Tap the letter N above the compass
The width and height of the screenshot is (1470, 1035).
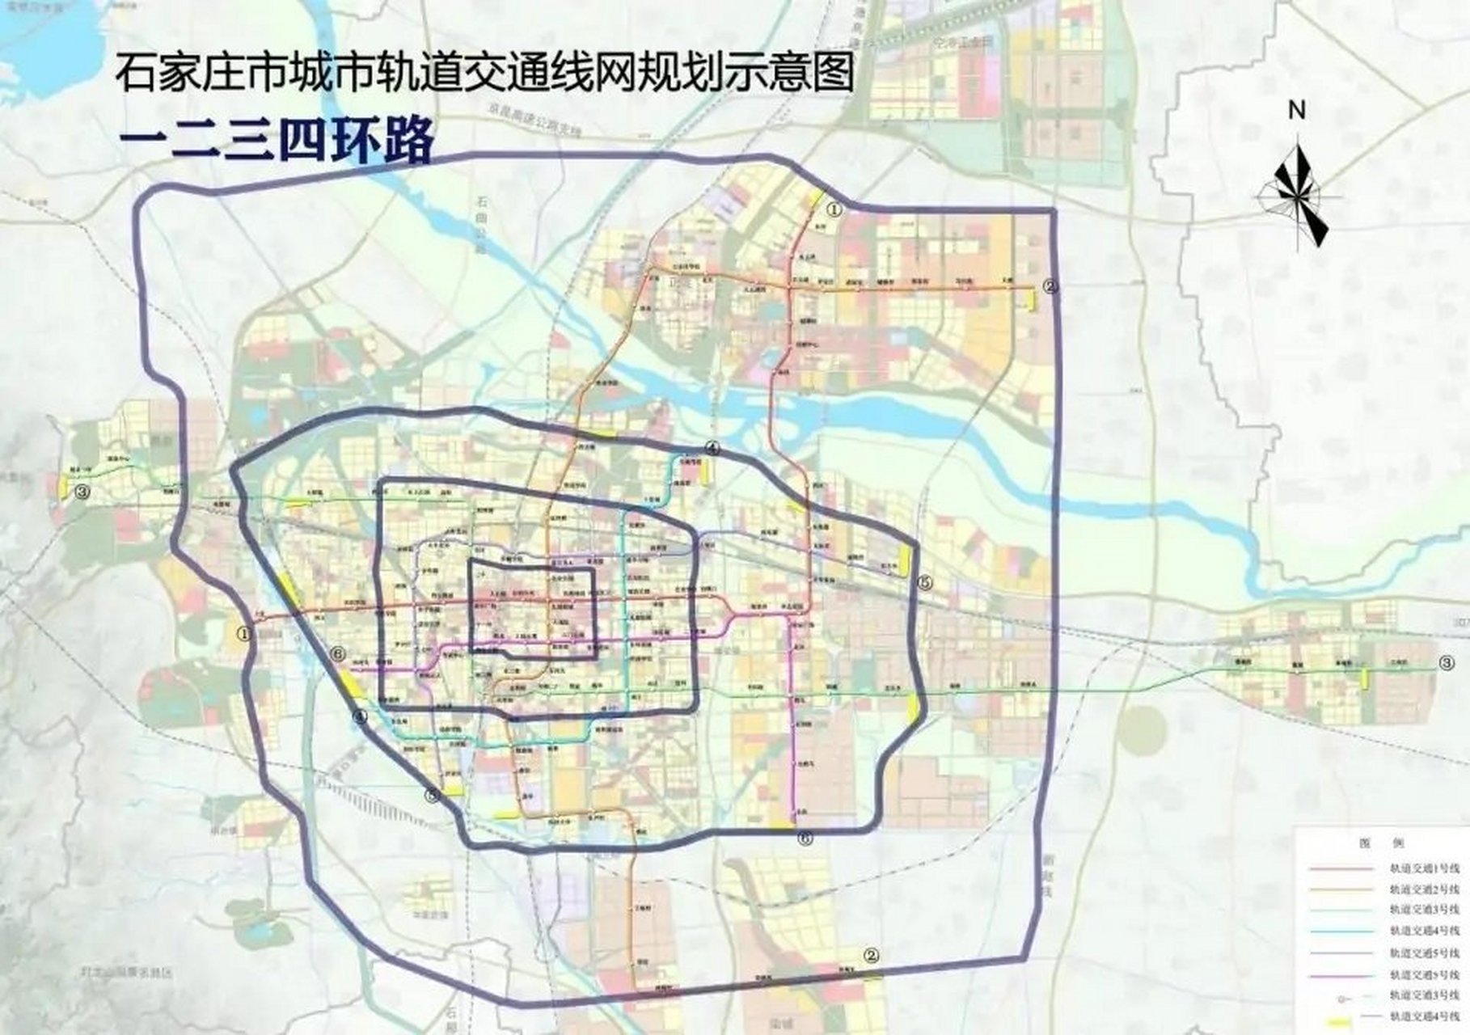click(1297, 111)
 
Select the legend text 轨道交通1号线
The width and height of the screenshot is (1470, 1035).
click(1423, 868)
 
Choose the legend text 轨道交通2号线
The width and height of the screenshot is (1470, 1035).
click(1423, 889)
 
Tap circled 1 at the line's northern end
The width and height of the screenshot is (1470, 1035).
click(834, 209)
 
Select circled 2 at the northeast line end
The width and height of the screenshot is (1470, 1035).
click(1050, 285)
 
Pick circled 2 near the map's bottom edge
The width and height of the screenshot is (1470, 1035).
click(870, 955)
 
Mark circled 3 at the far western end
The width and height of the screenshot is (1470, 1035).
click(82, 491)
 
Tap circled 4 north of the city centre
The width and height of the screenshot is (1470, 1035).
click(712, 447)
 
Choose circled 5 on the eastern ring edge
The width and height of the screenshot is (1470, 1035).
click(925, 582)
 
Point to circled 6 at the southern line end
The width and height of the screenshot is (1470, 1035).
click(804, 838)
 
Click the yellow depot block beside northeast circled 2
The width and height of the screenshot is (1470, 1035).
click(1031, 298)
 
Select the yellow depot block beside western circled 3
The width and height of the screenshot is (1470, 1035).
click(62, 486)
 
